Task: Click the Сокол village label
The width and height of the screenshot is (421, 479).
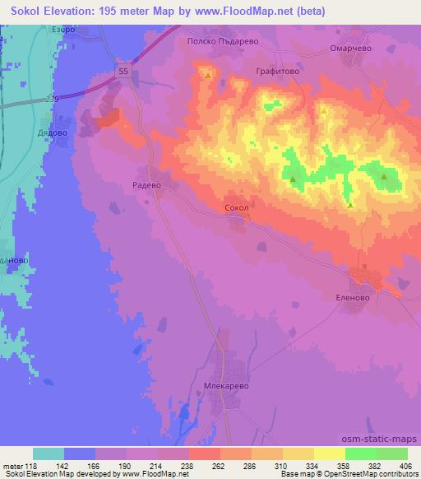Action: click(236, 208)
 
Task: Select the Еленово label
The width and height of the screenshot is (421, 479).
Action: click(355, 298)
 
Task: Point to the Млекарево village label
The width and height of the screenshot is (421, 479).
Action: click(224, 384)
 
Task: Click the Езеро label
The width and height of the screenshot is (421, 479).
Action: click(63, 30)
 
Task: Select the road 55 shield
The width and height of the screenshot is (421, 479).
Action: click(123, 72)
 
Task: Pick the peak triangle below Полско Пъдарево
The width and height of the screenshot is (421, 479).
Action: click(208, 76)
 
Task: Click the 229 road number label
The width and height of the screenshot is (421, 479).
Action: click(52, 98)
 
